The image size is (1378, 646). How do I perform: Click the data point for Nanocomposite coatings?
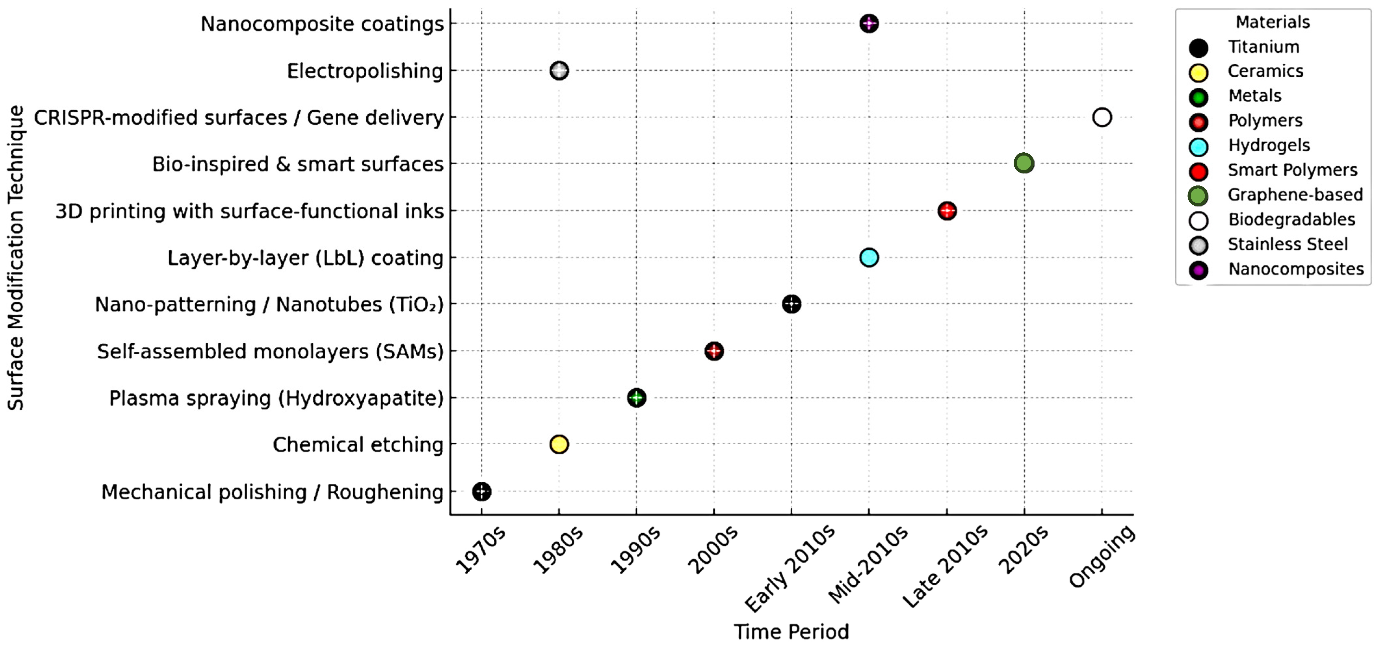[869, 23]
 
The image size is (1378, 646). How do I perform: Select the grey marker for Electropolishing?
[559, 70]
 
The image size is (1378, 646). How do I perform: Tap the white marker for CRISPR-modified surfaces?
[1101, 117]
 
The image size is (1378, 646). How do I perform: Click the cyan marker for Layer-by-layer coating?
[869, 257]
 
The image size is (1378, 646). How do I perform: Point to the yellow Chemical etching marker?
[559, 444]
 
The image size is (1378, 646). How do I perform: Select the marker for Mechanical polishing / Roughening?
[481, 491]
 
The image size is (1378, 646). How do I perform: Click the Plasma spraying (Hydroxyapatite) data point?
[636, 398]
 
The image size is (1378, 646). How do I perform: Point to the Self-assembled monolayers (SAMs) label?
[270, 351]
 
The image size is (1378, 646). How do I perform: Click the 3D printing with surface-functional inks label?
[249, 211]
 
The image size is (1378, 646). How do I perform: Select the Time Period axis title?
[791, 632]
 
